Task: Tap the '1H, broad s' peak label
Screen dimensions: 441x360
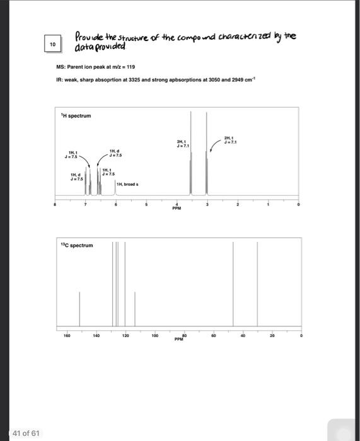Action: [x=132, y=183]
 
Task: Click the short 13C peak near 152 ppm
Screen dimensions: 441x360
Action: [x=79, y=309]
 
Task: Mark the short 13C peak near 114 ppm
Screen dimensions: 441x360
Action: [x=135, y=309]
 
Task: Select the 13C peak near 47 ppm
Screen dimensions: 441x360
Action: [x=233, y=283]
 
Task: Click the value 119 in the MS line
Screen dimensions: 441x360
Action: [x=131, y=66]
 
